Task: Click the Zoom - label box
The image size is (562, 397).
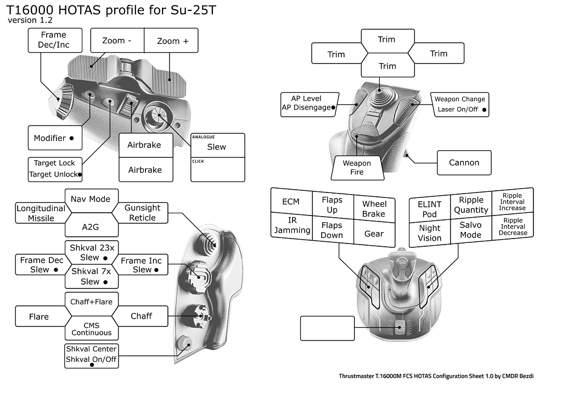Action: [x=117, y=41]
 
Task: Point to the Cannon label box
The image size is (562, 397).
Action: [x=464, y=163]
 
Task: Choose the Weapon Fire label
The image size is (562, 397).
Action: [x=357, y=168]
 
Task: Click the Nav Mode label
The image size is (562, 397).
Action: [x=91, y=199]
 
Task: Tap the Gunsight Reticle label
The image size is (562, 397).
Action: [x=142, y=213]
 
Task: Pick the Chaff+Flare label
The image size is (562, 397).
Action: [x=91, y=301]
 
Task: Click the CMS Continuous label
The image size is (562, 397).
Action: [x=91, y=329]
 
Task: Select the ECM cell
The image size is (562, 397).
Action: [x=291, y=201]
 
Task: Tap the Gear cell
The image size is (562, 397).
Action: [x=374, y=234]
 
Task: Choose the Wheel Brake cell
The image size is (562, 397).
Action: [x=374, y=208]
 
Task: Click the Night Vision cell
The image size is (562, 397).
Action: [x=429, y=233]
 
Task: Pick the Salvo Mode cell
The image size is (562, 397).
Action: [x=470, y=230]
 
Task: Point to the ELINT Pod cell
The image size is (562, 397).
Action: [x=429, y=208]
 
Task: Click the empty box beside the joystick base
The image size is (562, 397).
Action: [x=327, y=328]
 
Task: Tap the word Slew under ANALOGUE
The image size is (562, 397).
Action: [x=216, y=147]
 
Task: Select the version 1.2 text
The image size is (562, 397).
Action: [x=30, y=20]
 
